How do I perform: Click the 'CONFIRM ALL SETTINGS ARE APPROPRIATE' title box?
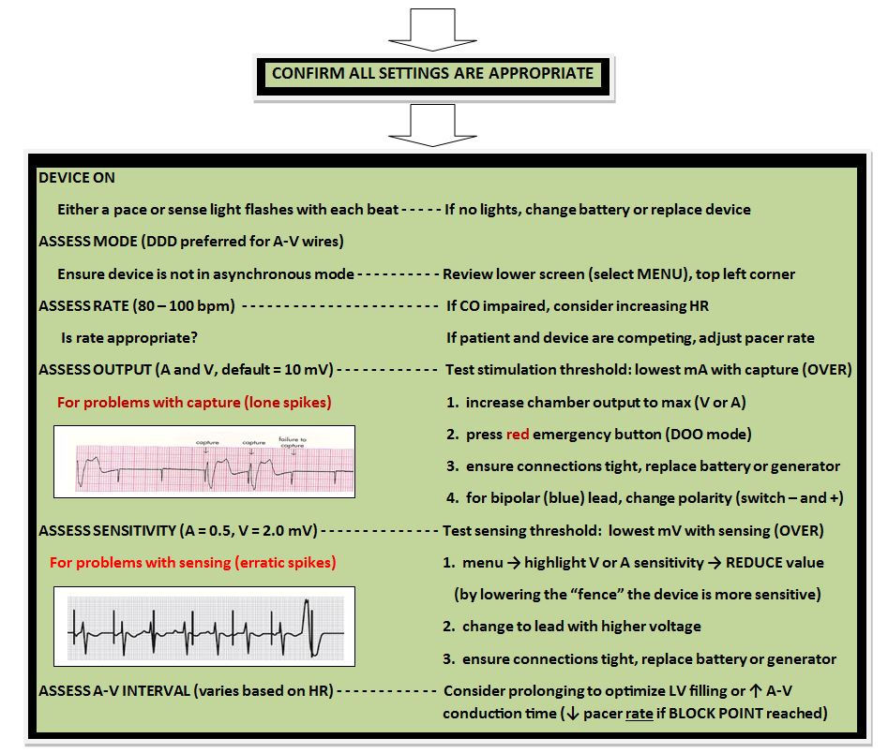pyautogui.click(x=431, y=74)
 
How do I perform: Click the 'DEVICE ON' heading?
pyautogui.click(x=77, y=178)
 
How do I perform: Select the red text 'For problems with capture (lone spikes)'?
pyautogui.click(x=194, y=403)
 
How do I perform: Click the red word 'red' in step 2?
pyautogui.click(x=519, y=435)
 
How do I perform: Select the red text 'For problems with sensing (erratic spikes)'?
pyautogui.click(x=192, y=563)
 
